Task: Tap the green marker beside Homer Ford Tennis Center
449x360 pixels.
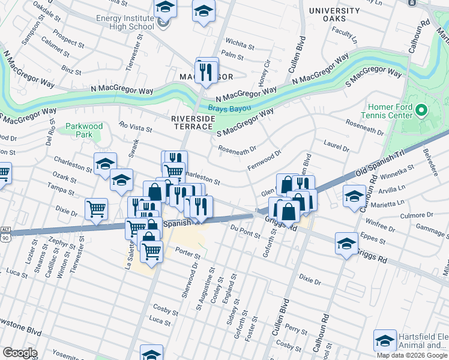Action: (x=421, y=111)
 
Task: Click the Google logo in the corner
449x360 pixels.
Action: (x=19, y=353)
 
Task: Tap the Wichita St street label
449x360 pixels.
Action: (x=240, y=42)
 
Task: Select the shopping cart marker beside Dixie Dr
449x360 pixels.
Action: (x=96, y=209)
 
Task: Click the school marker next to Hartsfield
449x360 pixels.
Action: (x=384, y=341)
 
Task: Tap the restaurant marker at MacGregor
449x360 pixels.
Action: (x=206, y=72)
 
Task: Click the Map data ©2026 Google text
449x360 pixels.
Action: (x=412, y=355)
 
